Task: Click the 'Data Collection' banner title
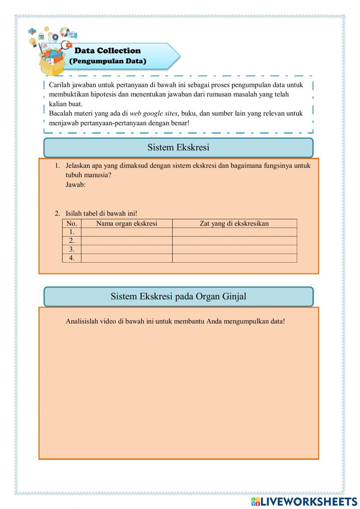[107, 50]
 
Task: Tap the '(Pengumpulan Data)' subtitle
[107, 61]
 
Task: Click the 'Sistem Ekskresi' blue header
[178, 147]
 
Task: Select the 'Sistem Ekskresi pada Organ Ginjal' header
[178, 296]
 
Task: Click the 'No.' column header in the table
[72, 223]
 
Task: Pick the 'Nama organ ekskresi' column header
[127, 223]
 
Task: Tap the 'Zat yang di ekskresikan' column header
[234, 223]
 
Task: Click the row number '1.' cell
[72, 232]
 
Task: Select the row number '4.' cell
[72, 258]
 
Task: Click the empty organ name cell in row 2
[127, 241]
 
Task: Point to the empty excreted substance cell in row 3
[234, 249]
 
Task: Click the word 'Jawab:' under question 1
[76, 185]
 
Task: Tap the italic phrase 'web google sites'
[153, 113]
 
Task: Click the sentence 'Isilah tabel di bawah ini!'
[101, 213]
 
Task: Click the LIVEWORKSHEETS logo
[304, 501]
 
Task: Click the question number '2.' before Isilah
[57, 213]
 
